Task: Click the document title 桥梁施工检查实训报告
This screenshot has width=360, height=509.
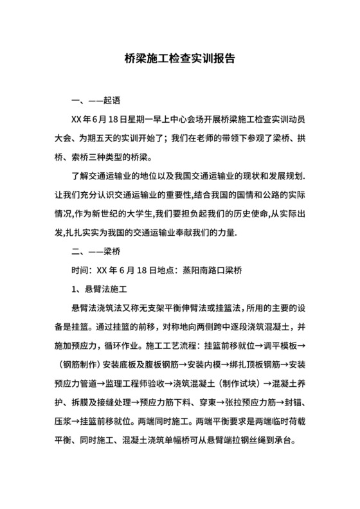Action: pos(179,58)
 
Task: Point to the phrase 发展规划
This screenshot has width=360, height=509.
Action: pos(284,175)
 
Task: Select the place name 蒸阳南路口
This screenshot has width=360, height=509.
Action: pos(206,268)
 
